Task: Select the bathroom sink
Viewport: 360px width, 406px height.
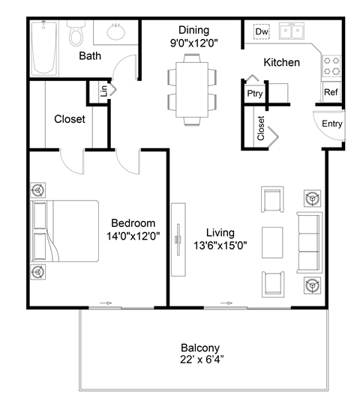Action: [116, 33]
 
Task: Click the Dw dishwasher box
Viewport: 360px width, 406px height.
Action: [262, 32]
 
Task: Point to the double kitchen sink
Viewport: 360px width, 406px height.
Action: [292, 31]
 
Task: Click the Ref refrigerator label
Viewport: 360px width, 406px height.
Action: [331, 93]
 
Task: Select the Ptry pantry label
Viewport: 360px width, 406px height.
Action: [253, 94]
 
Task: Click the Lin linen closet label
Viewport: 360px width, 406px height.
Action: [103, 91]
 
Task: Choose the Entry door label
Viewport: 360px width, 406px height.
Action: [332, 124]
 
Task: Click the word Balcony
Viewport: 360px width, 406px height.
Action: [199, 348]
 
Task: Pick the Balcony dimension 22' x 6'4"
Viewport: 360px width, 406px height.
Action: [199, 361]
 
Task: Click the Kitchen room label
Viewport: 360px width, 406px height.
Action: [282, 62]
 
